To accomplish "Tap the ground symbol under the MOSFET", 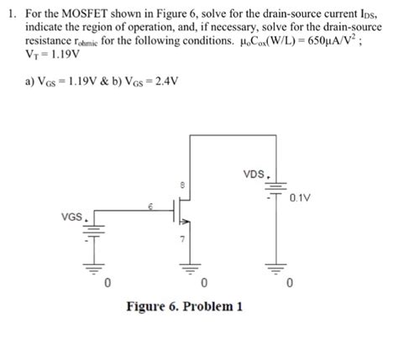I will (x=184, y=267).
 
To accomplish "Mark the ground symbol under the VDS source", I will (x=273, y=267).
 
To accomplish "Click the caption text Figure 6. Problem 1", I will (x=184, y=306).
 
